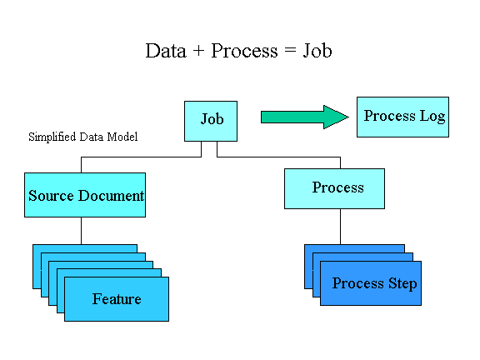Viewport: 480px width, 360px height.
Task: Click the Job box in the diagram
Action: tap(211, 121)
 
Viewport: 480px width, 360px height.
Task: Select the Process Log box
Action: tap(402, 117)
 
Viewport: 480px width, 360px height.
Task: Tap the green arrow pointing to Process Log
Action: tap(305, 117)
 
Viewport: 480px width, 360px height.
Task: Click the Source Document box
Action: tap(85, 195)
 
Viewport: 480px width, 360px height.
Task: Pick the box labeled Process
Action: tap(334, 188)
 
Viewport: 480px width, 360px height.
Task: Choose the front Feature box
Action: tap(117, 299)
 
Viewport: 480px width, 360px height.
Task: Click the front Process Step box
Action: tap(371, 283)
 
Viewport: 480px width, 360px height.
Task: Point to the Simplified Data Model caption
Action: tap(83, 137)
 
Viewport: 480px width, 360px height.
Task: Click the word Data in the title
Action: tap(166, 51)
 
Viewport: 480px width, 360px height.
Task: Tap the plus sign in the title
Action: tap(198, 51)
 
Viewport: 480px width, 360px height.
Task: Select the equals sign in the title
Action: tap(290, 50)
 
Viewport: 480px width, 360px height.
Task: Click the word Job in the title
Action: tap(317, 51)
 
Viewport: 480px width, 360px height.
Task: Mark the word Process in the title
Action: tap(244, 51)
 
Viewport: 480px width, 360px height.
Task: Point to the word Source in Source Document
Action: tap(51, 196)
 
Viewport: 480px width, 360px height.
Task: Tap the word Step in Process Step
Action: tap(402, 284)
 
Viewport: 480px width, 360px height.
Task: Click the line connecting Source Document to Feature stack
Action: tap(81, 231)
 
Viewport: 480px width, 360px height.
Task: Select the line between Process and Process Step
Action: tap(340, 227)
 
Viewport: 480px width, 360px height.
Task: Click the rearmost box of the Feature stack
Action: tap(85, 248)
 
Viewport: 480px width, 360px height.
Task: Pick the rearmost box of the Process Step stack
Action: tap(354, 248)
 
